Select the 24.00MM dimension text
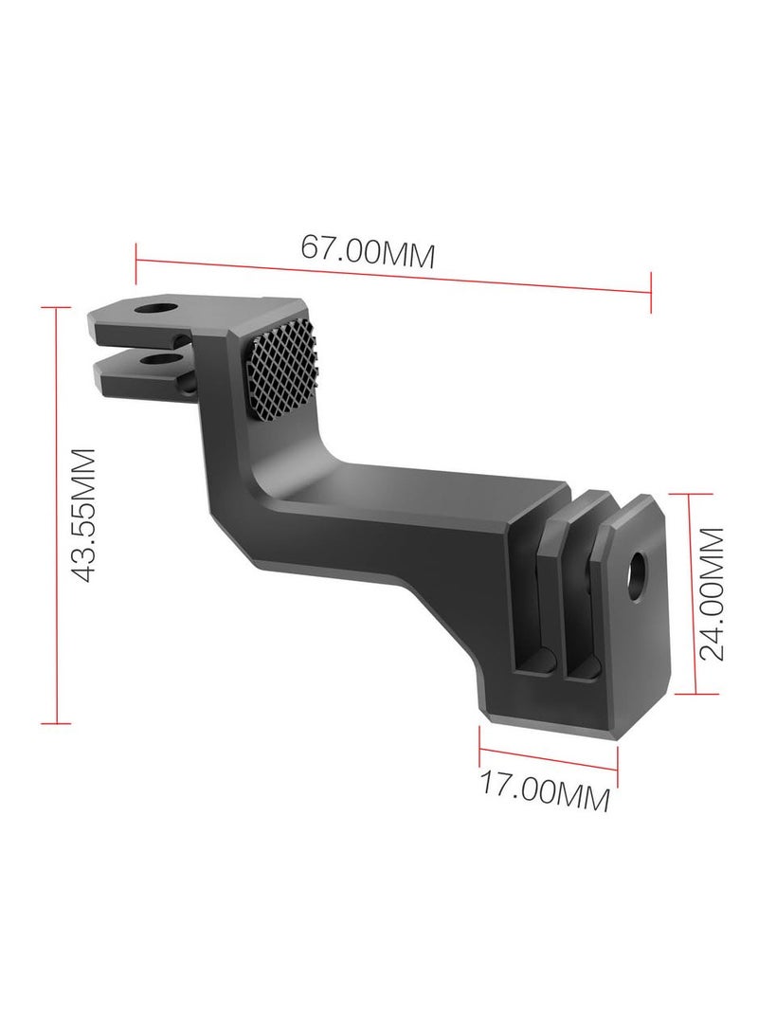tap(711, 593)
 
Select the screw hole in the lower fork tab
tap(151, 360)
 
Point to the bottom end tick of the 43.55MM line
tap(56, 723)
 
